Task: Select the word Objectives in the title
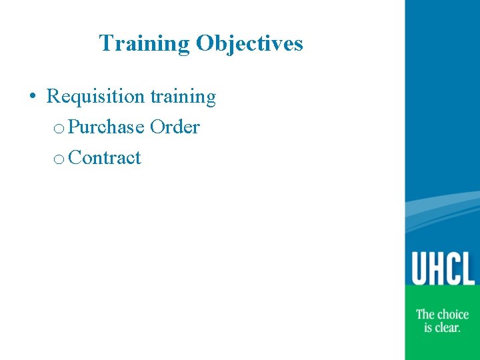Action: [249, 44]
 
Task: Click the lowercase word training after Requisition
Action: [183, 97]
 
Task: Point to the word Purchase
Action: [106, 127]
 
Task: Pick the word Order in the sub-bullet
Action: [175, 127]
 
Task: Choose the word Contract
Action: [105, 158]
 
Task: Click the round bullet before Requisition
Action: [33, 97]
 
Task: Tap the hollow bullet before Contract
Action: [59, 159]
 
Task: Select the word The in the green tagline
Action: [426, 314]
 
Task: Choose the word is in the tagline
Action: [428, 327]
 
